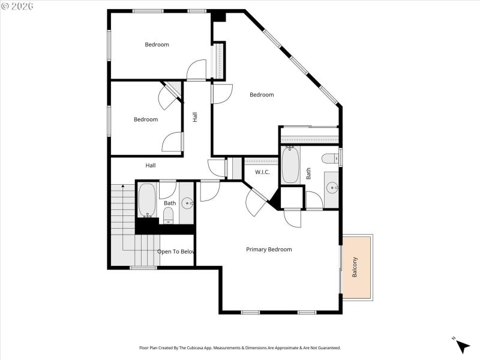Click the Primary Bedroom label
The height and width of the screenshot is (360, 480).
pos(269,250)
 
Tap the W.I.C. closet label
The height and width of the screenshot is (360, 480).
pos(262,173)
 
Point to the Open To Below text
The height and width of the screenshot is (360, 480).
pos(176,252)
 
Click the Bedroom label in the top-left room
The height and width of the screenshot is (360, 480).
pos(157,44)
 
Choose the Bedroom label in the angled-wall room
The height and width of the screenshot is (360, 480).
pos(262,95)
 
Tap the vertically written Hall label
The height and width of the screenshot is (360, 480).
pos(195,118)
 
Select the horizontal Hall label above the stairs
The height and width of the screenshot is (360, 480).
pos(151,166)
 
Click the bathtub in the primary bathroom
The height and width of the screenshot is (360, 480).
pos(290,165)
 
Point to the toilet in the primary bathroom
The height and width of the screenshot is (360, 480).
pos(329,158)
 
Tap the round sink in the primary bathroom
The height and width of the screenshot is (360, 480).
pos(332,188)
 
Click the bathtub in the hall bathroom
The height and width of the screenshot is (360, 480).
pos(147,200)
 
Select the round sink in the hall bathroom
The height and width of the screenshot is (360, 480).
pos(187,203)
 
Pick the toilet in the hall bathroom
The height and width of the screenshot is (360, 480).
pos(169,215)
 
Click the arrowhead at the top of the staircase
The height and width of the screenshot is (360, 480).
pos(123,187)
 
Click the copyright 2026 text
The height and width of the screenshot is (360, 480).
pos(17,5)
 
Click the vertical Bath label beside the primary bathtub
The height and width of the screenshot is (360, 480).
pos(309,173)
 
